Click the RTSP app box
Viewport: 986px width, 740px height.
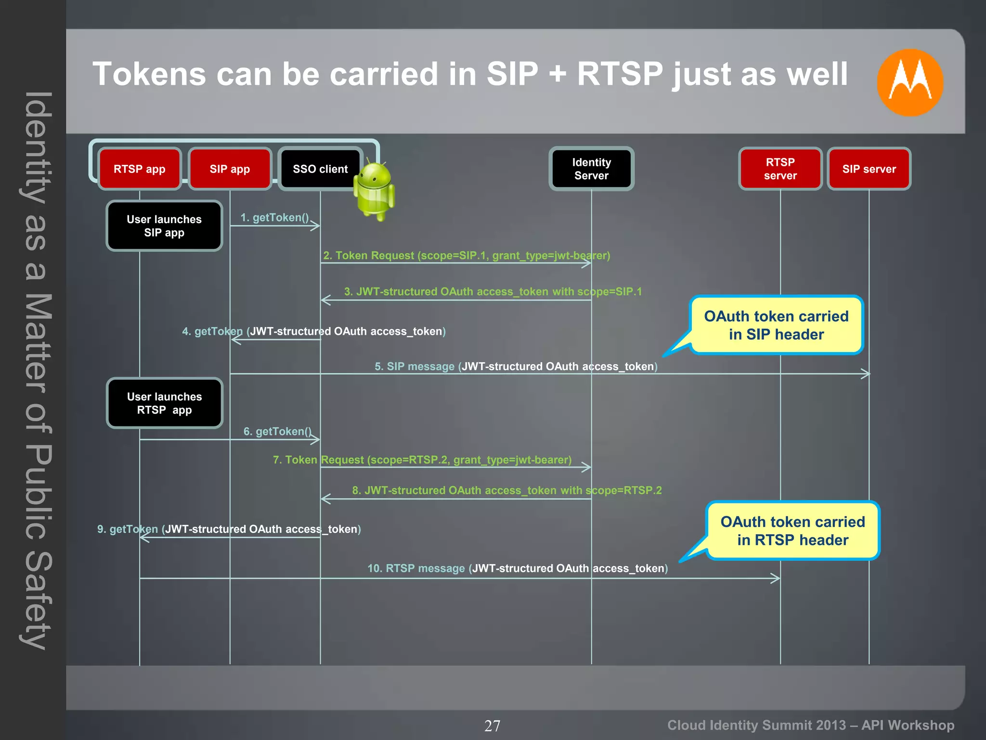(x=140, y=169)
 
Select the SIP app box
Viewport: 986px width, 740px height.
(x=230, y=169)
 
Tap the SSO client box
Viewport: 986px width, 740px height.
(x=320, y=169)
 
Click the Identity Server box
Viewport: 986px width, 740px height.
(x=591, y=169)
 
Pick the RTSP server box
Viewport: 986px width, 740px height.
(x=780, y=169)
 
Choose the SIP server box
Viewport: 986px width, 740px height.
(x=869, y=169)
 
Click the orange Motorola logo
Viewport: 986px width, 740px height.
(x=909, y=82)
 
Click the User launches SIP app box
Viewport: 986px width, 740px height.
(x=164, y=226)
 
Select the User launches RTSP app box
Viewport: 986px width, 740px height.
(x=164, y=403)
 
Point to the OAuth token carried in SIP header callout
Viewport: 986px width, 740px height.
(x=776, y=325)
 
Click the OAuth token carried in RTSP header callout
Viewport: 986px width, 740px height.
(x=792, y=531)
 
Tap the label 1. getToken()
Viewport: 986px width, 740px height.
(x=274, y=218)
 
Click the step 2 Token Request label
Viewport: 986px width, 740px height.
(x=466, y=255)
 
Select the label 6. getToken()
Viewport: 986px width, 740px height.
(x=277, y=431)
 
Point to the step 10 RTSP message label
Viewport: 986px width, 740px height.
(x=517, y=568)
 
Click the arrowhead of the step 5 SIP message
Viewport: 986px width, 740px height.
(x=866, y=374)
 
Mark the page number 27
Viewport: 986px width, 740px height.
(x=492, y=726)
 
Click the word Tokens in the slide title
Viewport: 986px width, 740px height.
(x=149, y=74)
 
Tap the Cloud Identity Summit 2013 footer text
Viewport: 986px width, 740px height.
(x=810, y=725)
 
